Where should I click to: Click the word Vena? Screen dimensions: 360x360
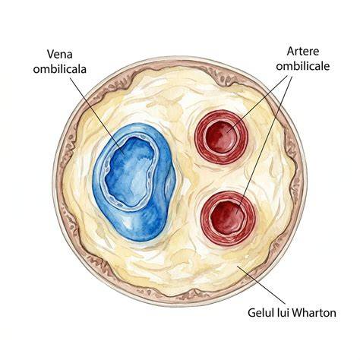point(60,54)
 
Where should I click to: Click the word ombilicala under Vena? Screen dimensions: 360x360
point(60,69)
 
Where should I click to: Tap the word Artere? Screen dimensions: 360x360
point(303,52)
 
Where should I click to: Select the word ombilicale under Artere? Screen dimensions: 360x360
point(303,66)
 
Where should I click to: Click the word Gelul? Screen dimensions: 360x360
point(261,313)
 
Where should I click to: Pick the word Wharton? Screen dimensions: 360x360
point(314,313)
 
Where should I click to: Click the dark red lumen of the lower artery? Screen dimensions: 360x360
point(228,217)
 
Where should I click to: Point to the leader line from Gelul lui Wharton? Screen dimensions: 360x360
point(261,285)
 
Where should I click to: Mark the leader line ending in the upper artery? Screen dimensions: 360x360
point(257,104)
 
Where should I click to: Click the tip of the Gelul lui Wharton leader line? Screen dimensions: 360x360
point(238,266)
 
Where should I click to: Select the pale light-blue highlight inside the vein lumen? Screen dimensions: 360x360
point(131,175)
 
